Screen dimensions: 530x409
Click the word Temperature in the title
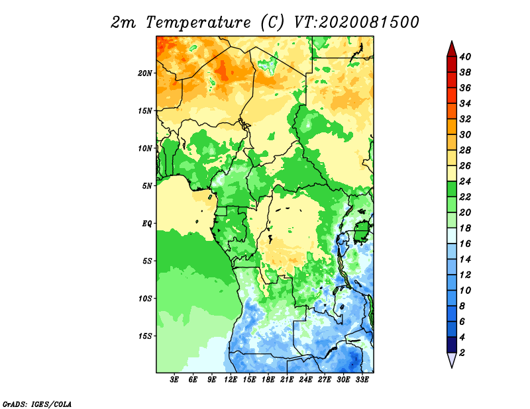(198, 23)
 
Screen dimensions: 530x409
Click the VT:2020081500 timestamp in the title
(356, 23)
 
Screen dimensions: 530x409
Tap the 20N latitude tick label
(145, 73)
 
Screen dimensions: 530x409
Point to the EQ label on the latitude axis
(146, 224)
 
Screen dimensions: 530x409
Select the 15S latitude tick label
(145, 336)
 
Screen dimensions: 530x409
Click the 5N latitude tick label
(147, 186)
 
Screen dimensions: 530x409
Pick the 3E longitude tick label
(174, 380)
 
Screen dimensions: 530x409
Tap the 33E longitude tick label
(362, 380)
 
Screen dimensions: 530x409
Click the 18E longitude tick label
(268, 380)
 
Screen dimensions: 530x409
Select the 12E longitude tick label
(231, 380)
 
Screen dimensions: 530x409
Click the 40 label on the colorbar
(465, 56)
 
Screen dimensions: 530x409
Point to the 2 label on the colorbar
(462, 353)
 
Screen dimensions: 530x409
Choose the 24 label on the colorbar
(465, 181)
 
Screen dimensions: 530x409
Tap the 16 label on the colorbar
(465, 244)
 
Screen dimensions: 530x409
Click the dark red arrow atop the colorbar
(452, 49)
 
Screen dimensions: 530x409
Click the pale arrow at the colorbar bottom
(452, 359)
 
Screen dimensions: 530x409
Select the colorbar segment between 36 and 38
(452, 79)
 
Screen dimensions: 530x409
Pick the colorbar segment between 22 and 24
(452, 189)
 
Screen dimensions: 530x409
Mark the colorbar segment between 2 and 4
(452, 345)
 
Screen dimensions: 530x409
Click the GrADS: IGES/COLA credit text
(37, 404)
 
